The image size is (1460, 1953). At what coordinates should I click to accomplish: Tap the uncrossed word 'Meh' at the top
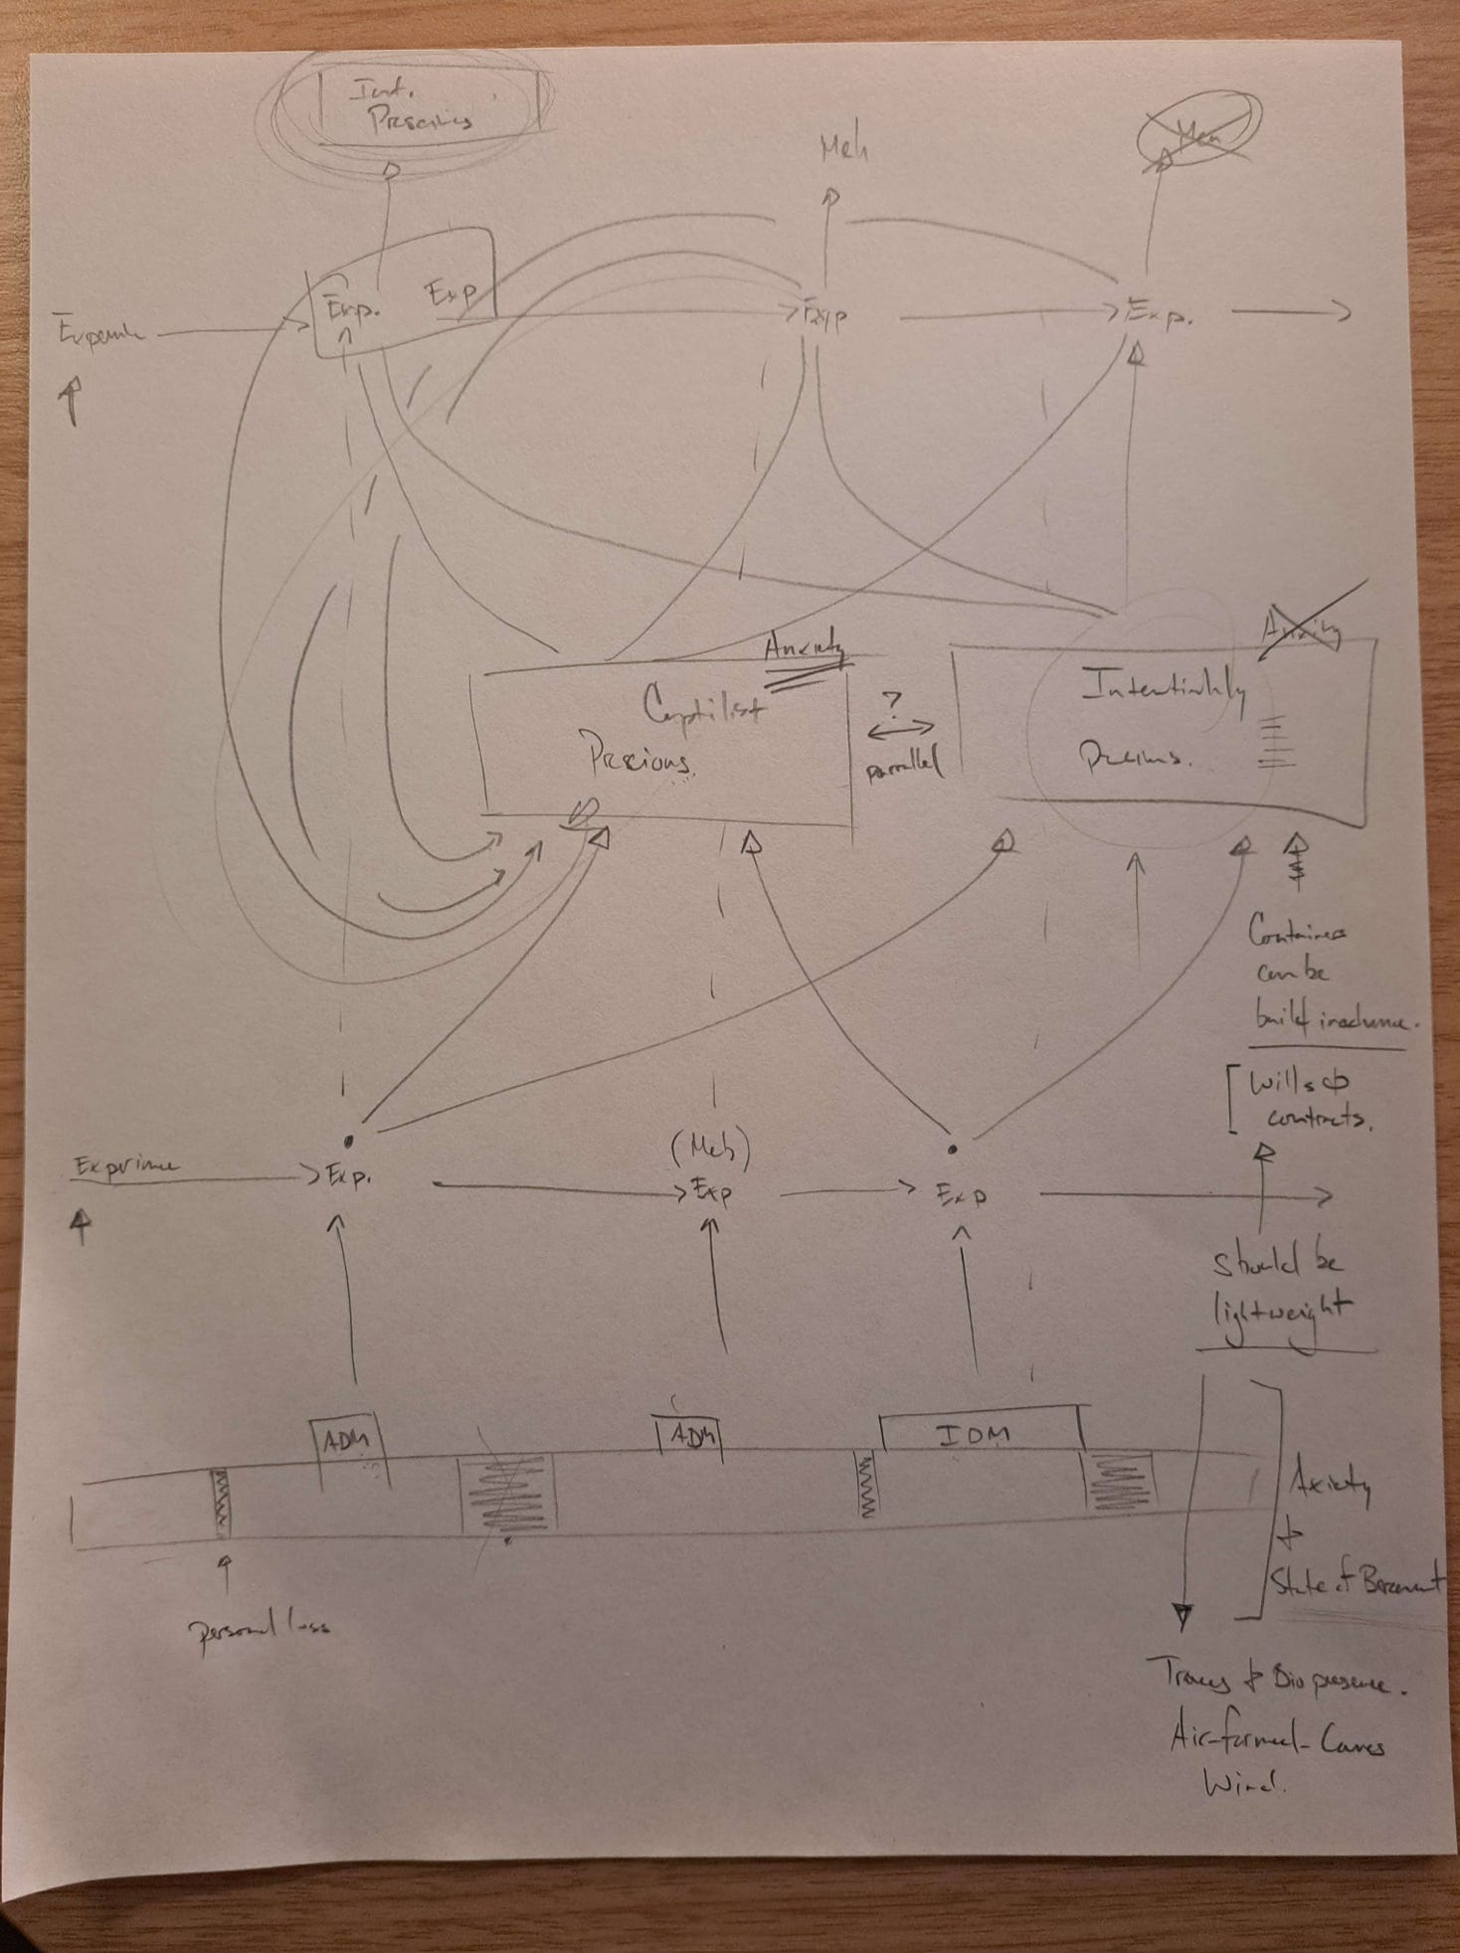[x=843, y=150]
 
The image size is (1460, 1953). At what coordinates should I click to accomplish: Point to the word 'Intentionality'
[x=1162, y=689]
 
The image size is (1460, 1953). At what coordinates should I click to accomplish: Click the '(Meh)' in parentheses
[x=710, y=1152]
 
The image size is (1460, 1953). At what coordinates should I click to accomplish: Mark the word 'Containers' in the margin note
[x=1299, y=933]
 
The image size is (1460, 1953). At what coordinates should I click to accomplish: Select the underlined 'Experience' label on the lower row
[x=127, y=1165]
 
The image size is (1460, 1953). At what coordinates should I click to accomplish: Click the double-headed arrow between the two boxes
[x=900, y=732]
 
